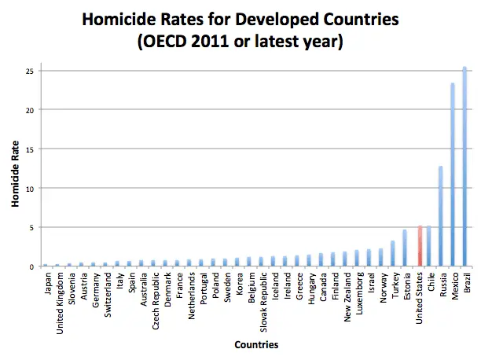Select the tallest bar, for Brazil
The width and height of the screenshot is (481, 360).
click(464, 167)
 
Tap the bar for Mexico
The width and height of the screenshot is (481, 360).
click(453, 174)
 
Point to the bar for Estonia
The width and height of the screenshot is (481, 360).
click(405, 248)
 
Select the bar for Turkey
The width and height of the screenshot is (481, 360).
click(393, 254)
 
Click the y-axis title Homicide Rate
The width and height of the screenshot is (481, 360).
click(15, 169)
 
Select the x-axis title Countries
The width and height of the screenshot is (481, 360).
click(255, 344)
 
